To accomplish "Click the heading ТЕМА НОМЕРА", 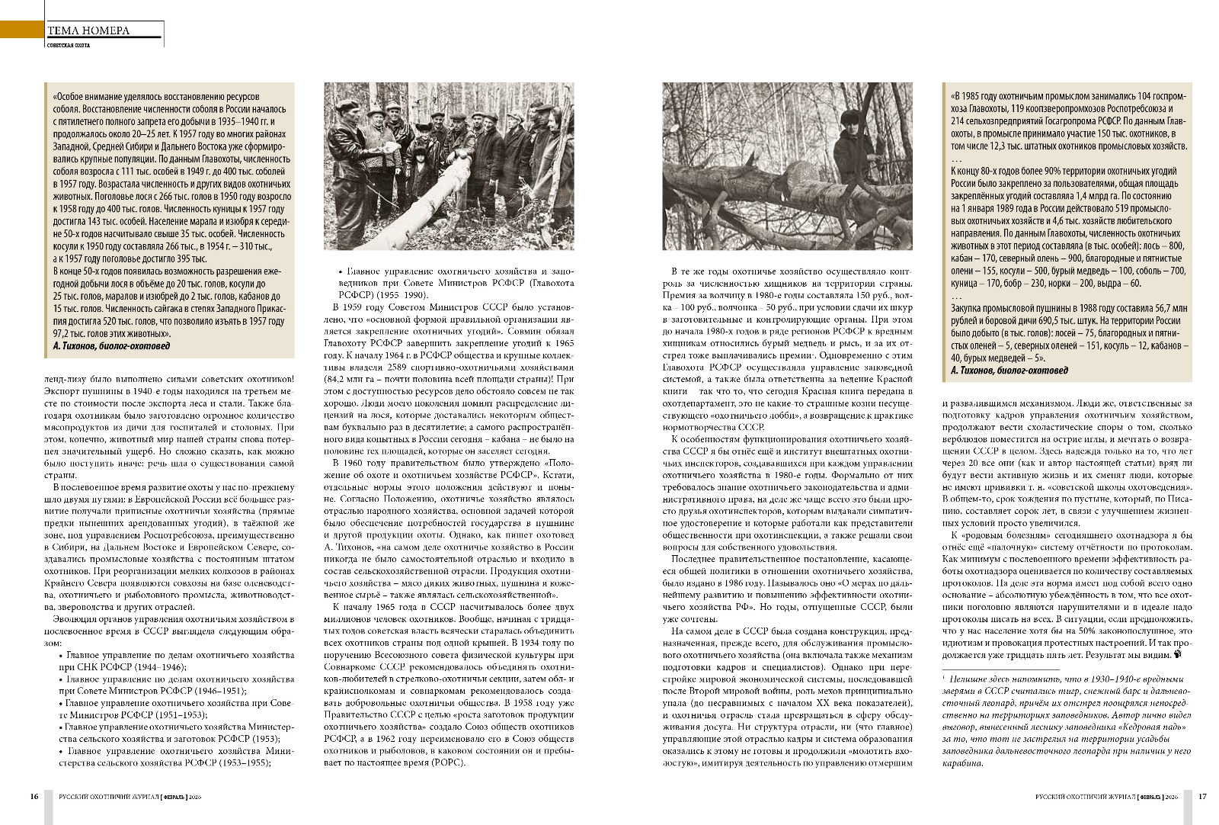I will point(88,31).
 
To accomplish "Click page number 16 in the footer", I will point(34,796).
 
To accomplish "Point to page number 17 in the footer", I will point(1202,796).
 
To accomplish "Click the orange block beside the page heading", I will point(21,30).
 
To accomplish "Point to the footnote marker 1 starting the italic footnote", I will point(944,677).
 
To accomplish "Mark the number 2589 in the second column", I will point(405,368).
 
